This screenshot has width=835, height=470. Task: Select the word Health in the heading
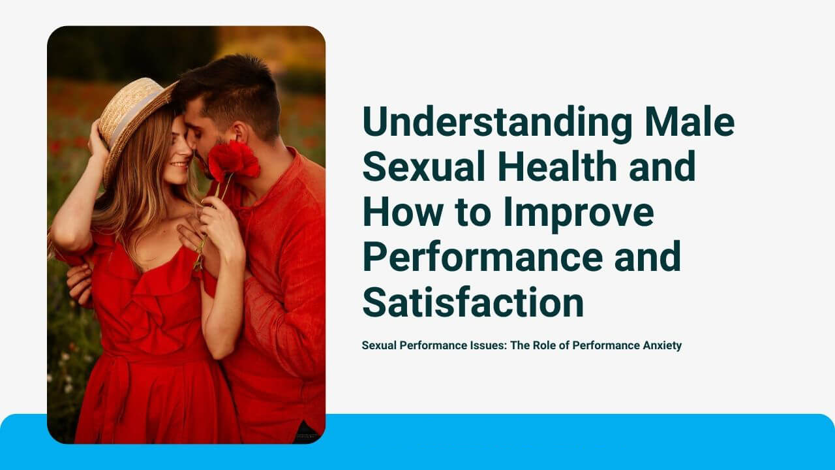pos(557,166)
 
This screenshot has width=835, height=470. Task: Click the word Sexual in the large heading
pos(424,166)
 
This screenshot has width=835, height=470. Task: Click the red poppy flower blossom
pos(233,160)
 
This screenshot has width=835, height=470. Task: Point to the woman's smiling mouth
pos(179,164)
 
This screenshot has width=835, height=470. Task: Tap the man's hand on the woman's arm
pos(79,283)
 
